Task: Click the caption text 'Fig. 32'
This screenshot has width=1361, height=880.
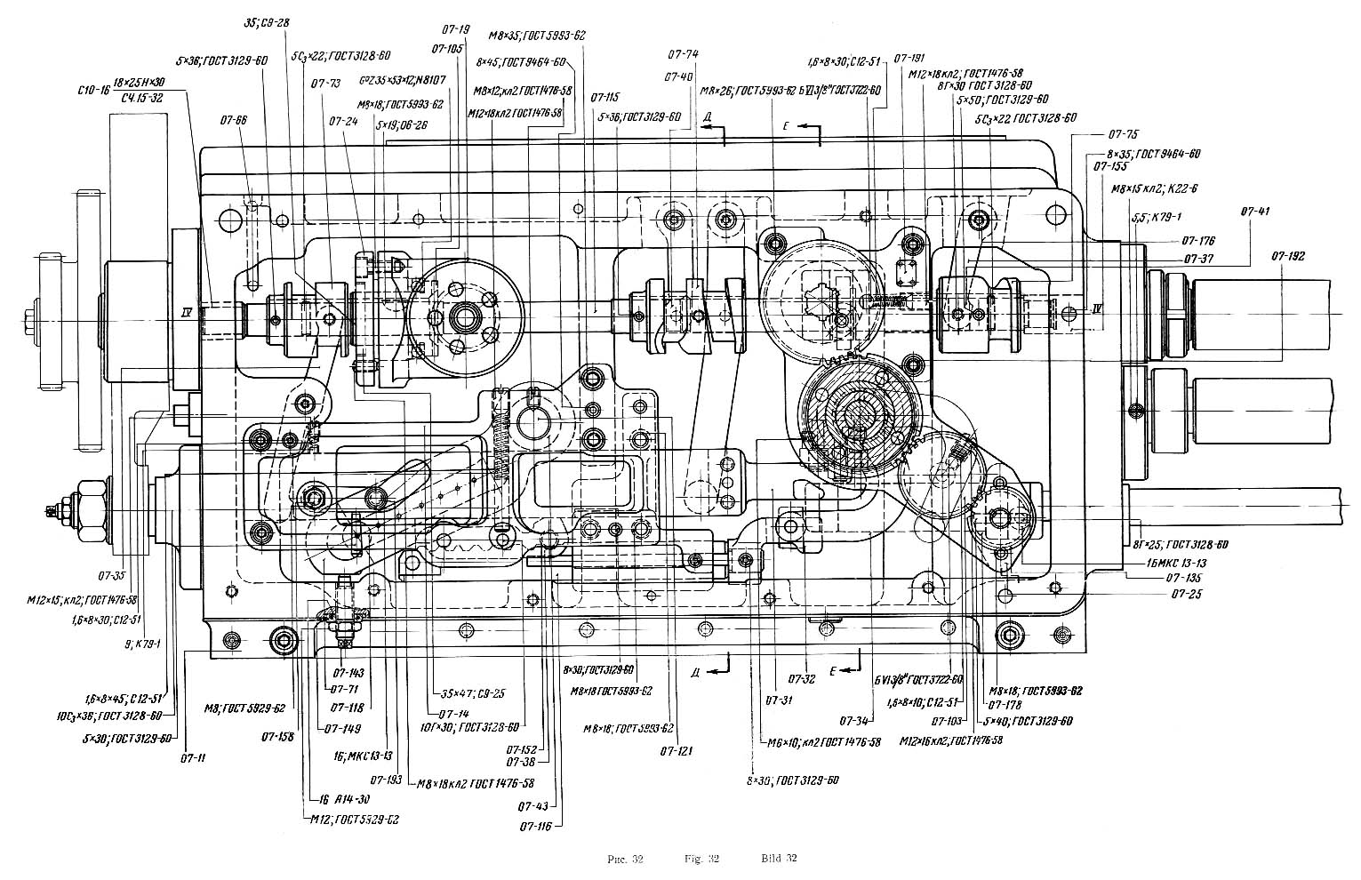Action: (702, 859)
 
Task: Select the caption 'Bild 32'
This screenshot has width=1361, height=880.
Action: (779, 859)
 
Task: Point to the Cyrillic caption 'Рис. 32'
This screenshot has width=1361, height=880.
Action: (625, 859)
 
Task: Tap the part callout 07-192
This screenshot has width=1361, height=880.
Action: (1289, 255)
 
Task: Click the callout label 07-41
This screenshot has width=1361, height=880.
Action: (1259, 211)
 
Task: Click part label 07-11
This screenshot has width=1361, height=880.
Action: (193, 758)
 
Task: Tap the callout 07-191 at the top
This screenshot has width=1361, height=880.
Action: (910, 56)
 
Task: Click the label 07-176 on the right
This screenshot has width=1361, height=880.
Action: (1198, 241)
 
